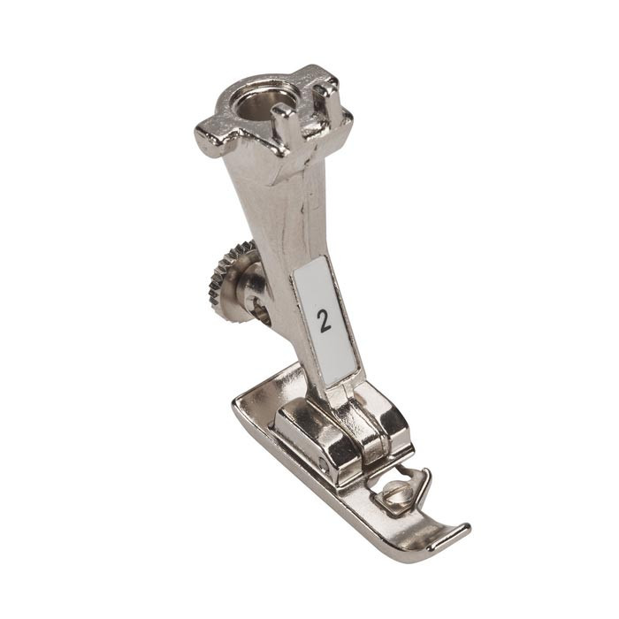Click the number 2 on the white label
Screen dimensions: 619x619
(x=325, y=321)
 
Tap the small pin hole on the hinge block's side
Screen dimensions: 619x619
(x=324, y=461)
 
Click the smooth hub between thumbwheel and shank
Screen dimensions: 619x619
(x=252, y=281)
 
